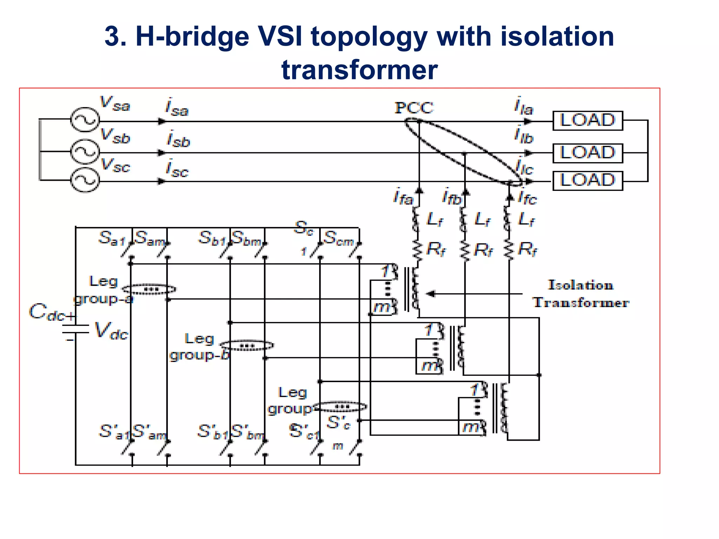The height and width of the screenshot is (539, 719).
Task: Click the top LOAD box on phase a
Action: click(x=587, y=121)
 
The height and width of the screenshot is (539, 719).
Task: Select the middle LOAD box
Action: click(x=587, y=153)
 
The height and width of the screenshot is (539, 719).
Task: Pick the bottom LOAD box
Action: click(x=587, y=181)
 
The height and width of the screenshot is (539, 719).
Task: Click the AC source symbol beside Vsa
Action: click(x=85, y=120)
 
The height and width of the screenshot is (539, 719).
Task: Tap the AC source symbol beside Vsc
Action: click(x=85, y=180)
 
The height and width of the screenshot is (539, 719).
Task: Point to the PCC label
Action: click(x=414, y=108)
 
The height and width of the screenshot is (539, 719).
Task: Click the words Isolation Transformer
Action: click(x=581, y=294)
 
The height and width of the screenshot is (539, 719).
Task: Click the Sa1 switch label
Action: click(x=112, y=238)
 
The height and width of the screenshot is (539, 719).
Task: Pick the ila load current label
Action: click(x=523, y=106)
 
